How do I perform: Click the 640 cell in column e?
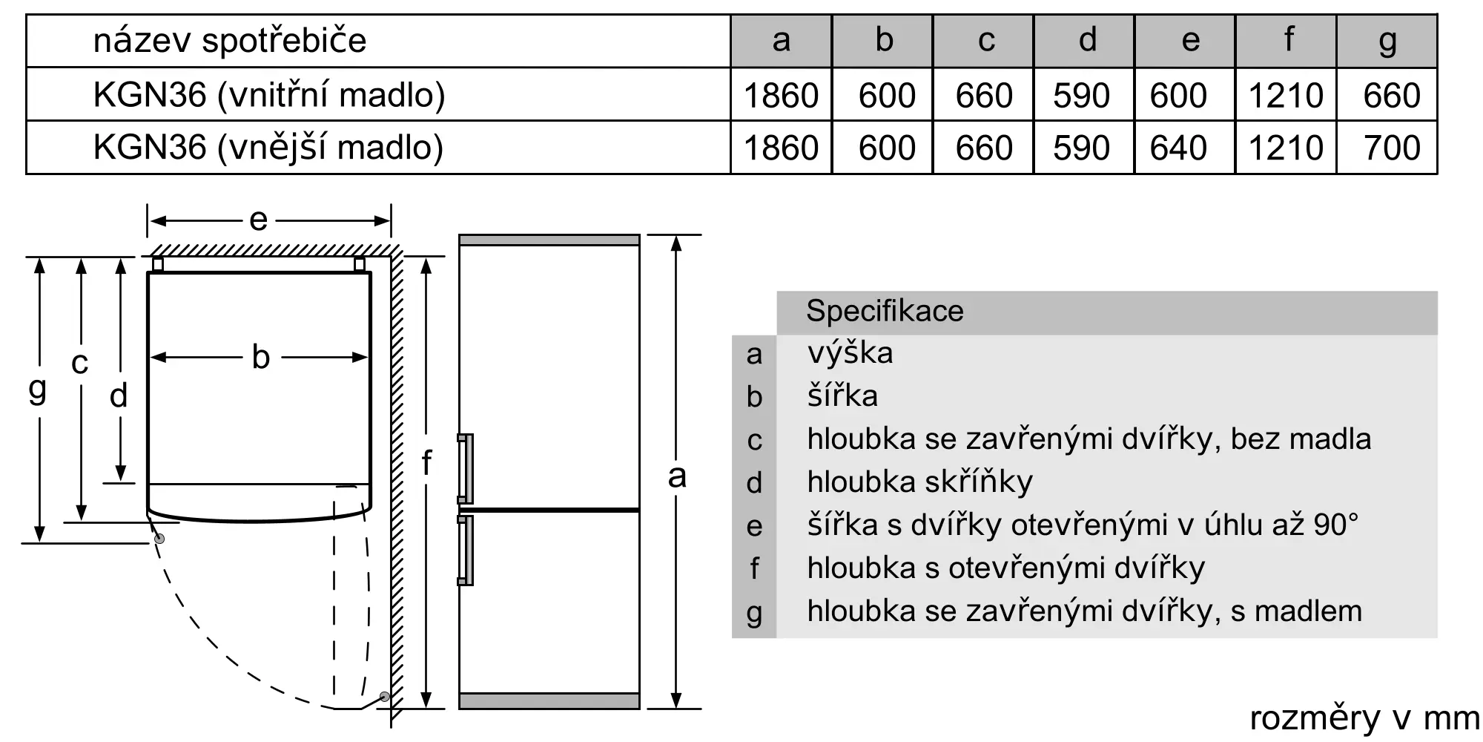point(1178,148)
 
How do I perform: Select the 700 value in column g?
point(1392,148)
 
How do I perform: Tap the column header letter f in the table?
point(1289,39)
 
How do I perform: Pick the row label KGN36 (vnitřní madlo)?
point(269,95)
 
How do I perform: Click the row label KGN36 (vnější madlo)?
point(268,147)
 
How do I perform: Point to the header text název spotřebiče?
point(230,40)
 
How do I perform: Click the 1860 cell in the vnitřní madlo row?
point(781,96)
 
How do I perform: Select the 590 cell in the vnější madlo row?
point(1081,148)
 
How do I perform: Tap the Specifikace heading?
point(885,311)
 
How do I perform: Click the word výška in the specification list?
point(850,352)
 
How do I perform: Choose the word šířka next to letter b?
point(842,395)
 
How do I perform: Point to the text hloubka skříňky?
point(919,482)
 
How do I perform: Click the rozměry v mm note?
point(1364,718)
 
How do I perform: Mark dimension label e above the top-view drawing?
point(258,220)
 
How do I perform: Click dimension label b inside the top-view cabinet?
point(260,357)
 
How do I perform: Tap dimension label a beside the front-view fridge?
point(676,476)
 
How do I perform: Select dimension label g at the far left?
point(37,390)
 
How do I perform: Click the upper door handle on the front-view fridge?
point(465,469)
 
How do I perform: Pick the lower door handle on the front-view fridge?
point(465,551)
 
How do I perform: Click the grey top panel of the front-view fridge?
point(549,240)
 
